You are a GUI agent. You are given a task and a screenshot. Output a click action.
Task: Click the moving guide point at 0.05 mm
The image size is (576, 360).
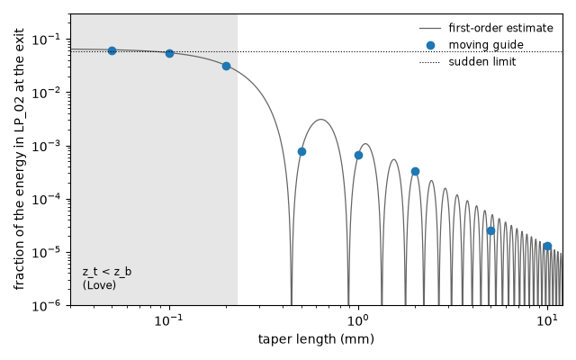point(112,50)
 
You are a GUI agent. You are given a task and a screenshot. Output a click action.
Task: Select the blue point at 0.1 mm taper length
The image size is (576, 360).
point(169,54)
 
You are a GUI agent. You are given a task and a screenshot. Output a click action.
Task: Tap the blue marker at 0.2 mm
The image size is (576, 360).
point(226,66)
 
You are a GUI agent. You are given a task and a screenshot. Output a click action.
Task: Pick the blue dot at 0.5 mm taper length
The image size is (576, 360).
point(301,152)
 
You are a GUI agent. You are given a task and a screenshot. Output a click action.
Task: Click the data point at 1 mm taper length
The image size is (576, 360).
point(358,156)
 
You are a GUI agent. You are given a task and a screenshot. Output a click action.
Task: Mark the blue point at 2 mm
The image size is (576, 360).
point(415,172)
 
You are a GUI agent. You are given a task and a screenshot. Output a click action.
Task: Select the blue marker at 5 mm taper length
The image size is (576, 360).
point(490,230)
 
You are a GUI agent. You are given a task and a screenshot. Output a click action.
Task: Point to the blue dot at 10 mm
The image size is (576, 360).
point(547,246)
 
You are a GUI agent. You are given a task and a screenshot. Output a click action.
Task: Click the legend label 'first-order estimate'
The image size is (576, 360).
point(500,28)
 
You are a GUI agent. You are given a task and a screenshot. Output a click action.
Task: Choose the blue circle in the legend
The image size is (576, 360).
point(430,45)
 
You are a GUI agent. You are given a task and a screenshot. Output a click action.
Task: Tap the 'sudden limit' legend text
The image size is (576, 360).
point(482,62)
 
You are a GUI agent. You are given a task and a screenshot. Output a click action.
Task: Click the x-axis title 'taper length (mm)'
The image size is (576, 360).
point(316,339)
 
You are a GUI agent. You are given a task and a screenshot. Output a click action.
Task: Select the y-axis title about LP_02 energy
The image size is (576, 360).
point(19,159)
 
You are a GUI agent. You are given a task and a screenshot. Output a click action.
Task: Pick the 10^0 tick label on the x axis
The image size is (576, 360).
point(358,320)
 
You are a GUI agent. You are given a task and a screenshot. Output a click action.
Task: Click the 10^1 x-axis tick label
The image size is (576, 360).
point(548,320)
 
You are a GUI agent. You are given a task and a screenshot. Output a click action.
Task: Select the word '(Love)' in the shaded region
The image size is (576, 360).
point(99,285)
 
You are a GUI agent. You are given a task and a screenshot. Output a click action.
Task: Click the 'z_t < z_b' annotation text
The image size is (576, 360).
point(107,272)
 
